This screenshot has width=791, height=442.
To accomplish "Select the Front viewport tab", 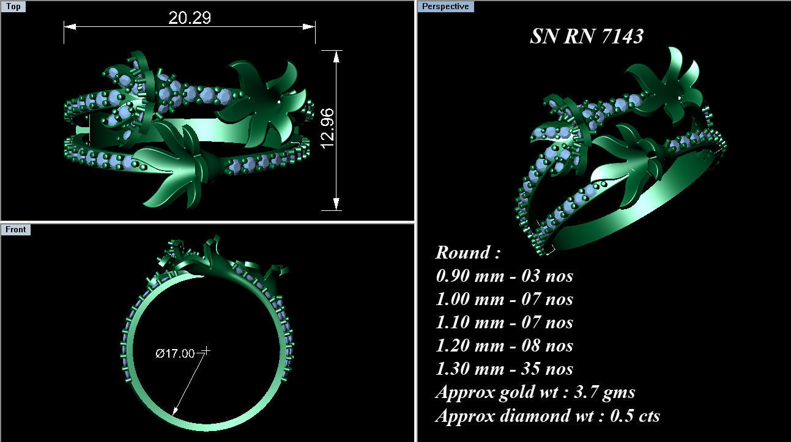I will [x=16, y=229].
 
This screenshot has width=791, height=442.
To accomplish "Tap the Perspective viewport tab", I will [x=446, y=7].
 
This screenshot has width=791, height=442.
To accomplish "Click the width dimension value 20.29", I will [x=190, y=18].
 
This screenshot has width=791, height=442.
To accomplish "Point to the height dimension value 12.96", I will [x=327, y=127].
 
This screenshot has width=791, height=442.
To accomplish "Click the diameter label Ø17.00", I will [x=175, y=353].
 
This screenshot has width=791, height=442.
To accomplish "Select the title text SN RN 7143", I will [x=586, y=37].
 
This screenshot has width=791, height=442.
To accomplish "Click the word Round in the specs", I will [x=463, y=252].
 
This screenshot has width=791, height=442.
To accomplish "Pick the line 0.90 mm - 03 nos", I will [x=504, y=276].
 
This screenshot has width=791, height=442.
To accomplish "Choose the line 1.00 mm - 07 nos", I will [x=504, y=299].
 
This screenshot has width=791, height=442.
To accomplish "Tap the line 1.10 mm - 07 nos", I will [x=504, y=322].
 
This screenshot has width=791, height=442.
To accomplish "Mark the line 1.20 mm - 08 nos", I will [x=504, y=345].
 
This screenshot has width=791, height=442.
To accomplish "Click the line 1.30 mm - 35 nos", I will [x=504, y=369].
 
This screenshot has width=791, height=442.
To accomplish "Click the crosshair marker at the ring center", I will [x=206, y=351].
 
